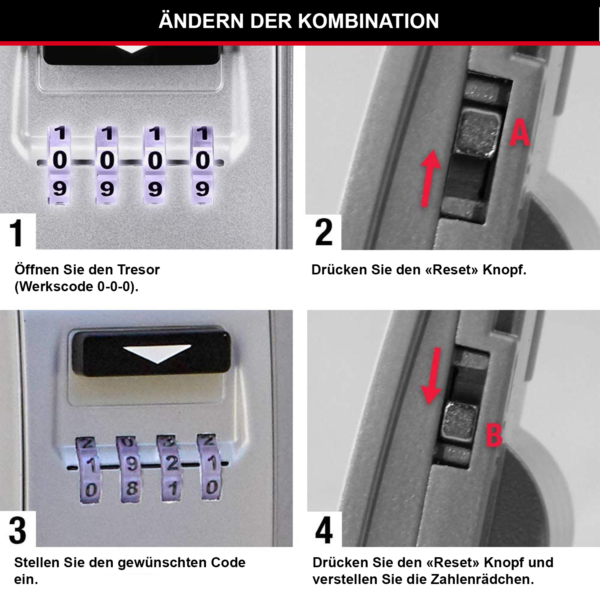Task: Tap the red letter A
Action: click(520, 133)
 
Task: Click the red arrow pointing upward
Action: click(430, 178)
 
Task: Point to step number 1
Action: click(16, 233)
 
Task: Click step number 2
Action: click(324, 232)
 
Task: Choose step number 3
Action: click(18, 530)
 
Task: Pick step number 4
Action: click(324, 530)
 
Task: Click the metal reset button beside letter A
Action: click(478, 133)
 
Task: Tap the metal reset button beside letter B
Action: click(460, 422)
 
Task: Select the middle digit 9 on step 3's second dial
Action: click(131, 464)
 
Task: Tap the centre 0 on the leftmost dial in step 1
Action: click(60, 160)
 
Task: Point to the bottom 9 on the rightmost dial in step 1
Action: click(202, 188)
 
